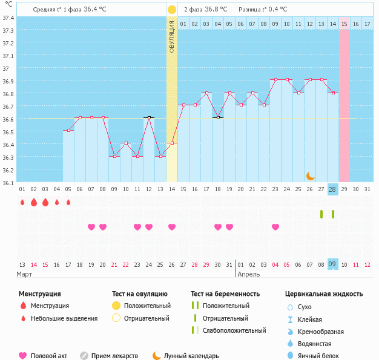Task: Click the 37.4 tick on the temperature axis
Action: point(8,18)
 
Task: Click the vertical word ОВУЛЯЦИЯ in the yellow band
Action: point(172,36)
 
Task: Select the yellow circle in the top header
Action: point(172,10)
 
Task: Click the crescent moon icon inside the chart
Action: point(310,175)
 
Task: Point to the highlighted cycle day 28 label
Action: point(332,189)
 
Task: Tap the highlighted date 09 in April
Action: point(332,264)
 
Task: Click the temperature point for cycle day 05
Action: point(68,130)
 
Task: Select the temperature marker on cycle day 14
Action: point(172,143)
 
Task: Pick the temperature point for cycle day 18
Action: point(218,117)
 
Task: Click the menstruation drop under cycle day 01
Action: point(22,202)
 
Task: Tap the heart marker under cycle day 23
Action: point(275,227)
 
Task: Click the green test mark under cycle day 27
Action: point(321,214)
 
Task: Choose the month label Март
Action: point(25,274)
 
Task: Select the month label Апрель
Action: point(249,274)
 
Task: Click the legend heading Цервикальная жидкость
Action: point(324,293)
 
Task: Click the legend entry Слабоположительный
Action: point(234,330)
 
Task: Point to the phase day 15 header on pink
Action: point(344,24)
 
